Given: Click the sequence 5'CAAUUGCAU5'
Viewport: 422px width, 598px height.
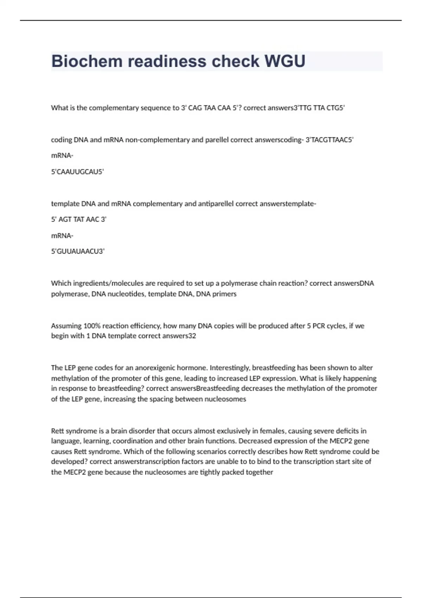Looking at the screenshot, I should (77, 172).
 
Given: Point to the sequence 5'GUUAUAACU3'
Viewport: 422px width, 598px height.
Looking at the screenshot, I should (78, 251).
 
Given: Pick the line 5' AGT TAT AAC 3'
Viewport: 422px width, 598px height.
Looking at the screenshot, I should (79, 220).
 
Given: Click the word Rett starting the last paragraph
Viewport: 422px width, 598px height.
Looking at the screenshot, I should (57, 431).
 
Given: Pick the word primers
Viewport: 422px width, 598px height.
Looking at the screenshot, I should (224, 294).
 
